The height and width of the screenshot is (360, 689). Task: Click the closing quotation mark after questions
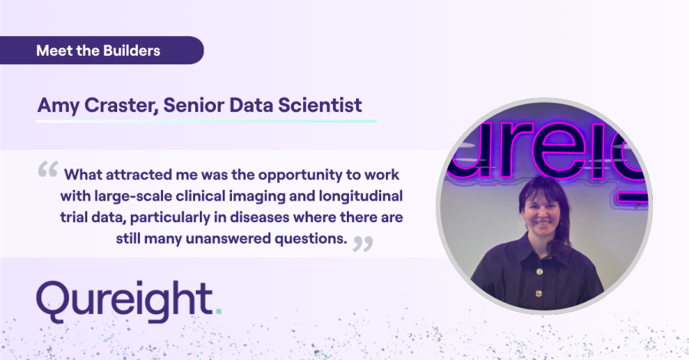pos(363,243)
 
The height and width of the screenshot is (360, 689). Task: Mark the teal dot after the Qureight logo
pos(220,312)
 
